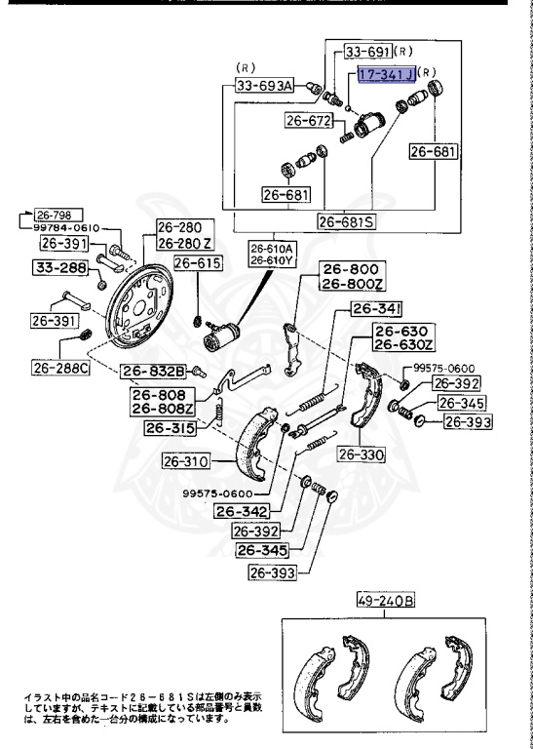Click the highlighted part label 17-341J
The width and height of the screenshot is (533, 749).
tap(387, 73)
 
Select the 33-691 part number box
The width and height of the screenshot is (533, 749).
tap(368, 51)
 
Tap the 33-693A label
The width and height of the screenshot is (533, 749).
tap(265, 86)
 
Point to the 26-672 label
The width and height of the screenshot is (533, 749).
tap(308, 120)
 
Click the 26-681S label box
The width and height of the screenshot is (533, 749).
tap(347, 222)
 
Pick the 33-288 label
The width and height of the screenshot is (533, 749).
tap(60, 267)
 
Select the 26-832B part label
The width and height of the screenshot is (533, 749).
tap(153, 371)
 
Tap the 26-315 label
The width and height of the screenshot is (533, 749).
tap(171, 428)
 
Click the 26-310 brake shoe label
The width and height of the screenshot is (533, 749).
tap(186, 462)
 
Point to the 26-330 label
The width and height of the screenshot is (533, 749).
tap(362, 454)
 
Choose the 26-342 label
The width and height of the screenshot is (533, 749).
tap(241, 511)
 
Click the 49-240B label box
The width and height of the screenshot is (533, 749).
tap(386, 601)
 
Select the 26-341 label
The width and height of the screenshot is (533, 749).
tap(375, 309)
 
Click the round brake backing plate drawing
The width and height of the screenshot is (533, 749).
tap(139, 304)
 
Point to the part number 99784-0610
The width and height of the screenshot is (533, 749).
tap(66, 228)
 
